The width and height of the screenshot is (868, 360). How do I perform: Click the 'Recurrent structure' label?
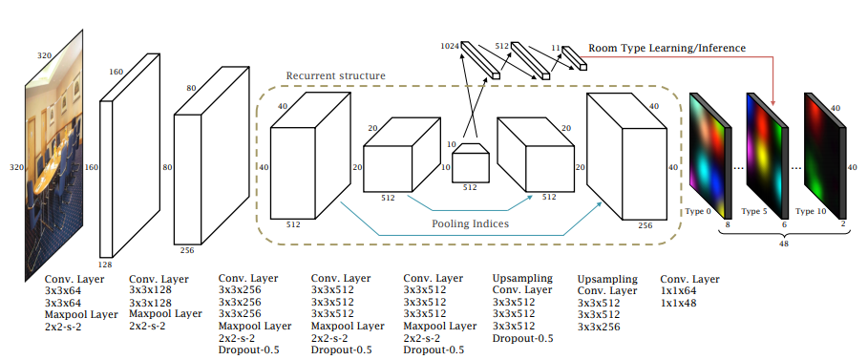(x=335, y=75)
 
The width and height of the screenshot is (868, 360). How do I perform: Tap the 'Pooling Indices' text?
(x=470, y=223)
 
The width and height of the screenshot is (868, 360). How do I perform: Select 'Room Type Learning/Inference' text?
(x=667, y=48)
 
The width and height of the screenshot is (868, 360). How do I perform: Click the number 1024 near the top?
(x=450, y=46)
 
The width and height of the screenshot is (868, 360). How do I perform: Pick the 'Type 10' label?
(x=809, y=211)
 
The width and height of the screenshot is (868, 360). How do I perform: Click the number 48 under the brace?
(x=783, y=244)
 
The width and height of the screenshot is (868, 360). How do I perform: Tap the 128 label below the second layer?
(x=105, y=265)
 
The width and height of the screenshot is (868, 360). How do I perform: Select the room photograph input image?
(x=53, y=155)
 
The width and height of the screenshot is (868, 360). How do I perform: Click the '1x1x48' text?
(x=678, y=303)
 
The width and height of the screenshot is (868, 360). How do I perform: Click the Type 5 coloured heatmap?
(x=766, y=157)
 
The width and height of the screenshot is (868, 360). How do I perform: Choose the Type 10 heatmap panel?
(x=825, y=157)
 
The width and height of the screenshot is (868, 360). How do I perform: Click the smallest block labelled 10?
(x=471, y=162)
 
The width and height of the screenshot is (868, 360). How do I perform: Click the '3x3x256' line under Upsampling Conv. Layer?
(x=599, y=327)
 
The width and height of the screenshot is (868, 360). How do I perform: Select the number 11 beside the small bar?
(x=556, y=48)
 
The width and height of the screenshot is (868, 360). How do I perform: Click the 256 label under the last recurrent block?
(x=645, y=225)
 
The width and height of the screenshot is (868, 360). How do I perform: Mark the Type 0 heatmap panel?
(x=710, y=157)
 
